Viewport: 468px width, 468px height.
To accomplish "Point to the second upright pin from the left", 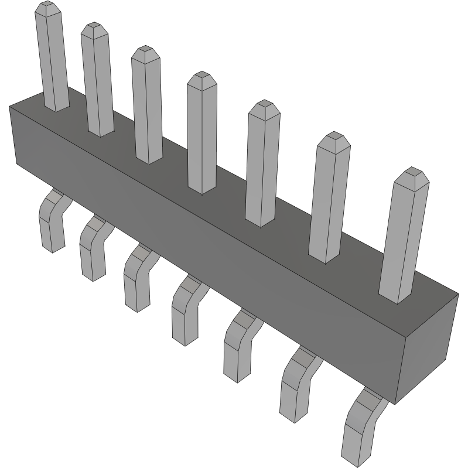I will [x=97, y=82].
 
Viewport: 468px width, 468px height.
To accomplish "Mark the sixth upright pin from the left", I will [x=329, y=202].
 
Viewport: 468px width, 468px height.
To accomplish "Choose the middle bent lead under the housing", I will [x=185, y=313].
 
